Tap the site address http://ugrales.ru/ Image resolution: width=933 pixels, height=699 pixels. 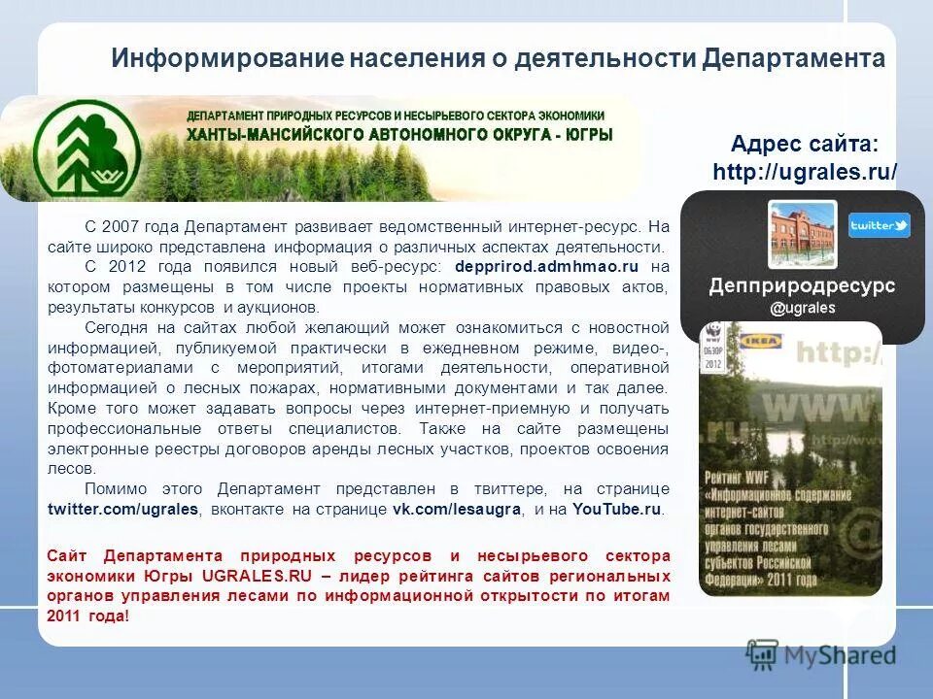(805, 172)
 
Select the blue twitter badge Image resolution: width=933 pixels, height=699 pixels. (879, 225)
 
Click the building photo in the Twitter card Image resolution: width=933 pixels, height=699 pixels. (802, 234)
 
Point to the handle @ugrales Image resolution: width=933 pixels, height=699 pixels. (802, 308)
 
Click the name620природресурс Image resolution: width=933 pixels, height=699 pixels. (802, 285)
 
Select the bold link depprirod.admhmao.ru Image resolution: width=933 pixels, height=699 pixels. (546, 265)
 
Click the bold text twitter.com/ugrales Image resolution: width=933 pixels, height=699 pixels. (122, 509)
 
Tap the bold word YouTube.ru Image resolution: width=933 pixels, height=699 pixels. (617, 509)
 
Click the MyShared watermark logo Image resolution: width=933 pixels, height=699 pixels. (821, 653)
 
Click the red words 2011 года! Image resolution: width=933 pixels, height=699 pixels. (87, 616)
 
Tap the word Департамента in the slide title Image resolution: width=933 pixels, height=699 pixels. (793, 58)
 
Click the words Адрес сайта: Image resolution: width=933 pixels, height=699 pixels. (805, 145)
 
